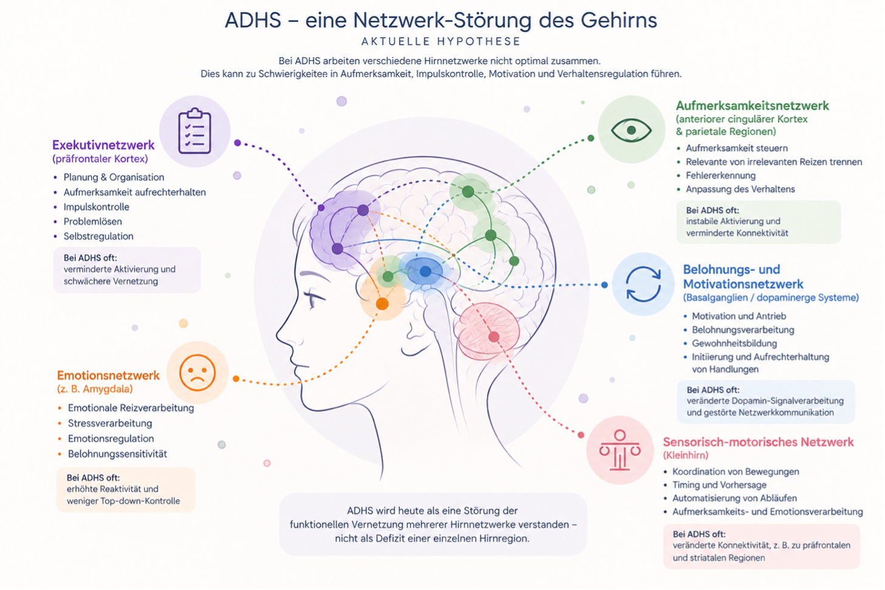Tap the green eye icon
point(631,130)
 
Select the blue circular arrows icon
point(643,284)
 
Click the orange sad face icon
point(197,372)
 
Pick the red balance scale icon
point(620,450)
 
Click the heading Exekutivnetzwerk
point(103,145)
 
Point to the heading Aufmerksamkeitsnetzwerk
point(752,106)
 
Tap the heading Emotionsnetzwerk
point(108,375)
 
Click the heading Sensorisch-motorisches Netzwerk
point(758,442)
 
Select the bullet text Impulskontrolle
point(97,207)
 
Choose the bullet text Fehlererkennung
point(720,176)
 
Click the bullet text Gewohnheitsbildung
point(734,343)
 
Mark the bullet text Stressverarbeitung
point(110,424)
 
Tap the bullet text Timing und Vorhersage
point(719,485)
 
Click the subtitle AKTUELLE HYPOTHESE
point(441,41)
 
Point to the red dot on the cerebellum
point(494,337)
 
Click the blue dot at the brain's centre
point(425,271)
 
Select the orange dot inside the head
point(382,304)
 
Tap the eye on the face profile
point(313,298)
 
